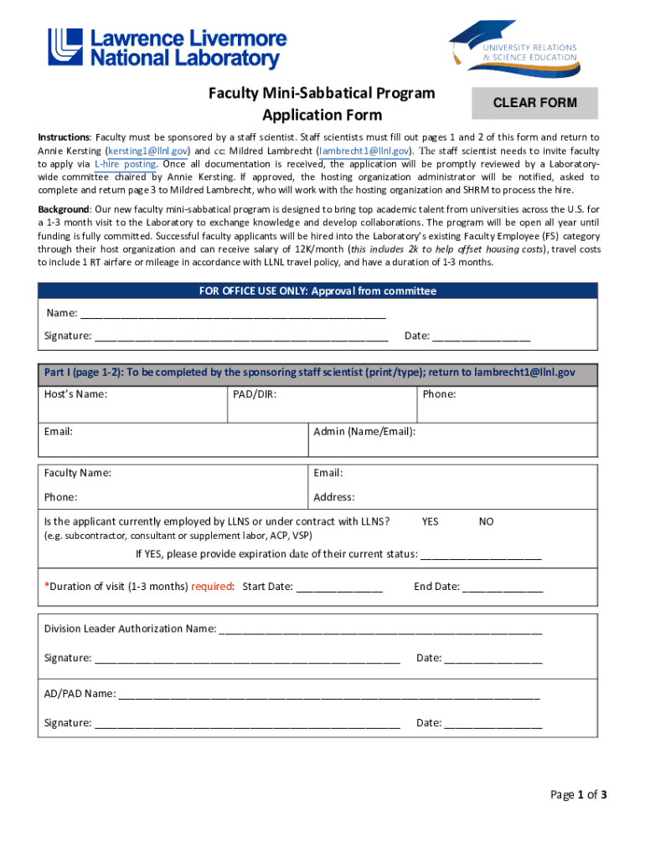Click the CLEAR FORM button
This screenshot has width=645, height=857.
pos(534,103)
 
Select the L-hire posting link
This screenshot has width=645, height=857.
pos(125,164)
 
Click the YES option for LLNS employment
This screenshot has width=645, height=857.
pos(430,521)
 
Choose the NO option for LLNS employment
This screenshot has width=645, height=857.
pos(486,521)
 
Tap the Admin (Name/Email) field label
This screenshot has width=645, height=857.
pos(364,432)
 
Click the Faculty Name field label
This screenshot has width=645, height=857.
pos(78,473)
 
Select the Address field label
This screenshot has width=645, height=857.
pos(334,497)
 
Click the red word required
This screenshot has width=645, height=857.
pos(212,587)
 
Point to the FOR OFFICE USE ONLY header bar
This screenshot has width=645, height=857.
pos(317,291)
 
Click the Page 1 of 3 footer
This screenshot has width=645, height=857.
pos(578,795)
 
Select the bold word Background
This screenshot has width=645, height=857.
pos(64,208)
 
